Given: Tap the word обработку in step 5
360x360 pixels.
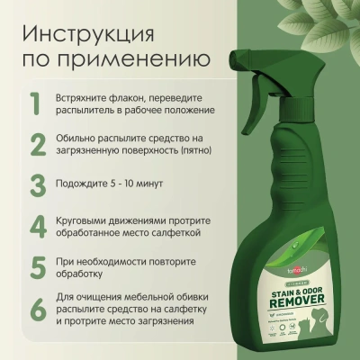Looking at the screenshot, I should [85, 275].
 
